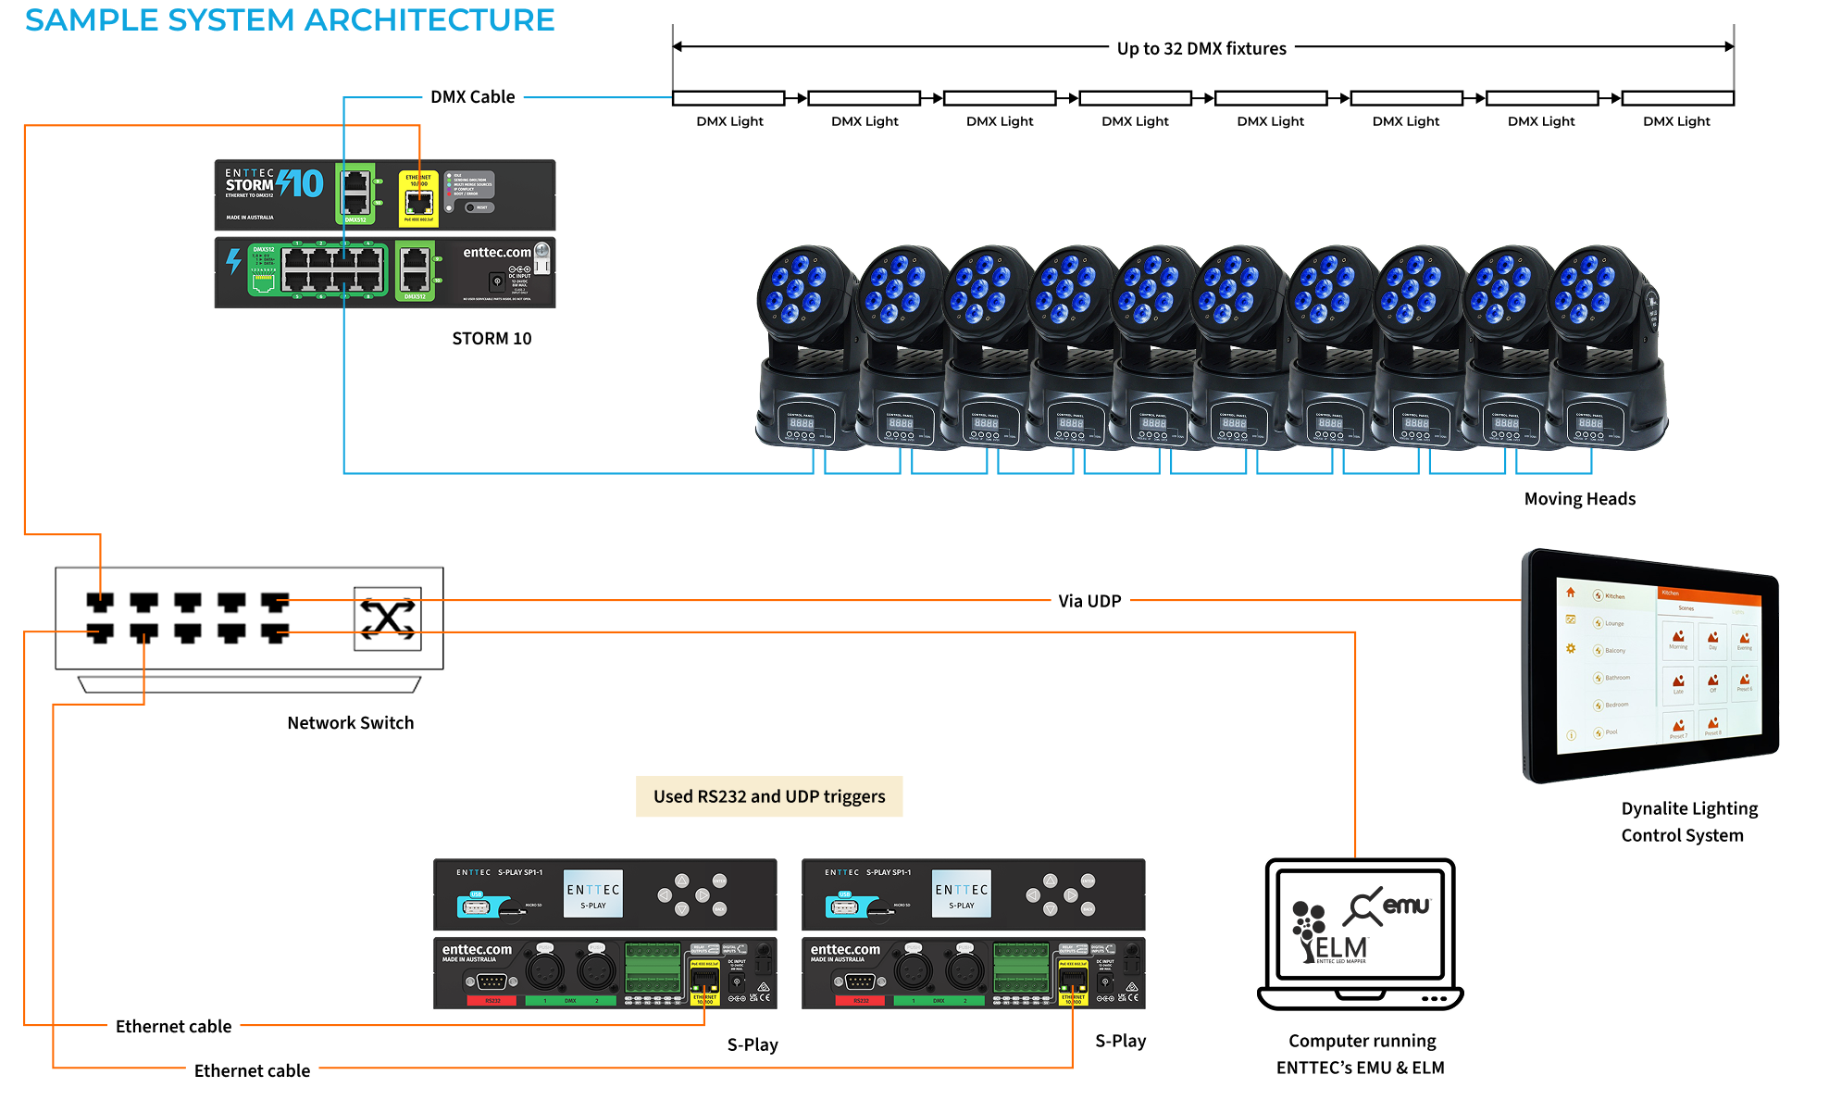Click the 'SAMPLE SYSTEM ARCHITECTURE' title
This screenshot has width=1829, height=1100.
click(x=290, y=20)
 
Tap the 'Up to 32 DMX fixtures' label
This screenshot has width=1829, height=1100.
click(x=1201, y=48)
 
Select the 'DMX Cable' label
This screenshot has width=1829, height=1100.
click(x=472, y=97)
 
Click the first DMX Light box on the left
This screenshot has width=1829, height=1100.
click(x=728, y=98)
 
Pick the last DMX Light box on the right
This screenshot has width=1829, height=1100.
click(x=1677, y=98)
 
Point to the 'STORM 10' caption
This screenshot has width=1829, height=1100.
click(x=491, y=339)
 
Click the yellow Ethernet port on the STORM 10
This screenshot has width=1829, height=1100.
click(x=418, y=198)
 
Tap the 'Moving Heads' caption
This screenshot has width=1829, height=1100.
click(x=1579, y=499)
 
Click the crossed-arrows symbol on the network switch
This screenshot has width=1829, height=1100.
click(x=388, y=619)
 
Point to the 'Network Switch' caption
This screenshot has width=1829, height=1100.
click(x=350, y=723)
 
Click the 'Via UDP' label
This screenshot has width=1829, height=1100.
click(x=1089, y=601)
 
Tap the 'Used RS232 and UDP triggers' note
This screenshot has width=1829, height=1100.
click(x=769, y=796)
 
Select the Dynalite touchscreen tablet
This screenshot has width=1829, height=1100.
click(x=1650, y=665)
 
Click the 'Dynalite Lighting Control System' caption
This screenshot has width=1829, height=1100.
click(x=1688, y=821)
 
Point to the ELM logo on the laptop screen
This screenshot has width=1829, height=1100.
click(x=1330, y=935)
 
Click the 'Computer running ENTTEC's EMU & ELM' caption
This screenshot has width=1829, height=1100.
click(x=1361, y=1054)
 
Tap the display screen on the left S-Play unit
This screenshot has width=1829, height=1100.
click(x=593, y=894)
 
